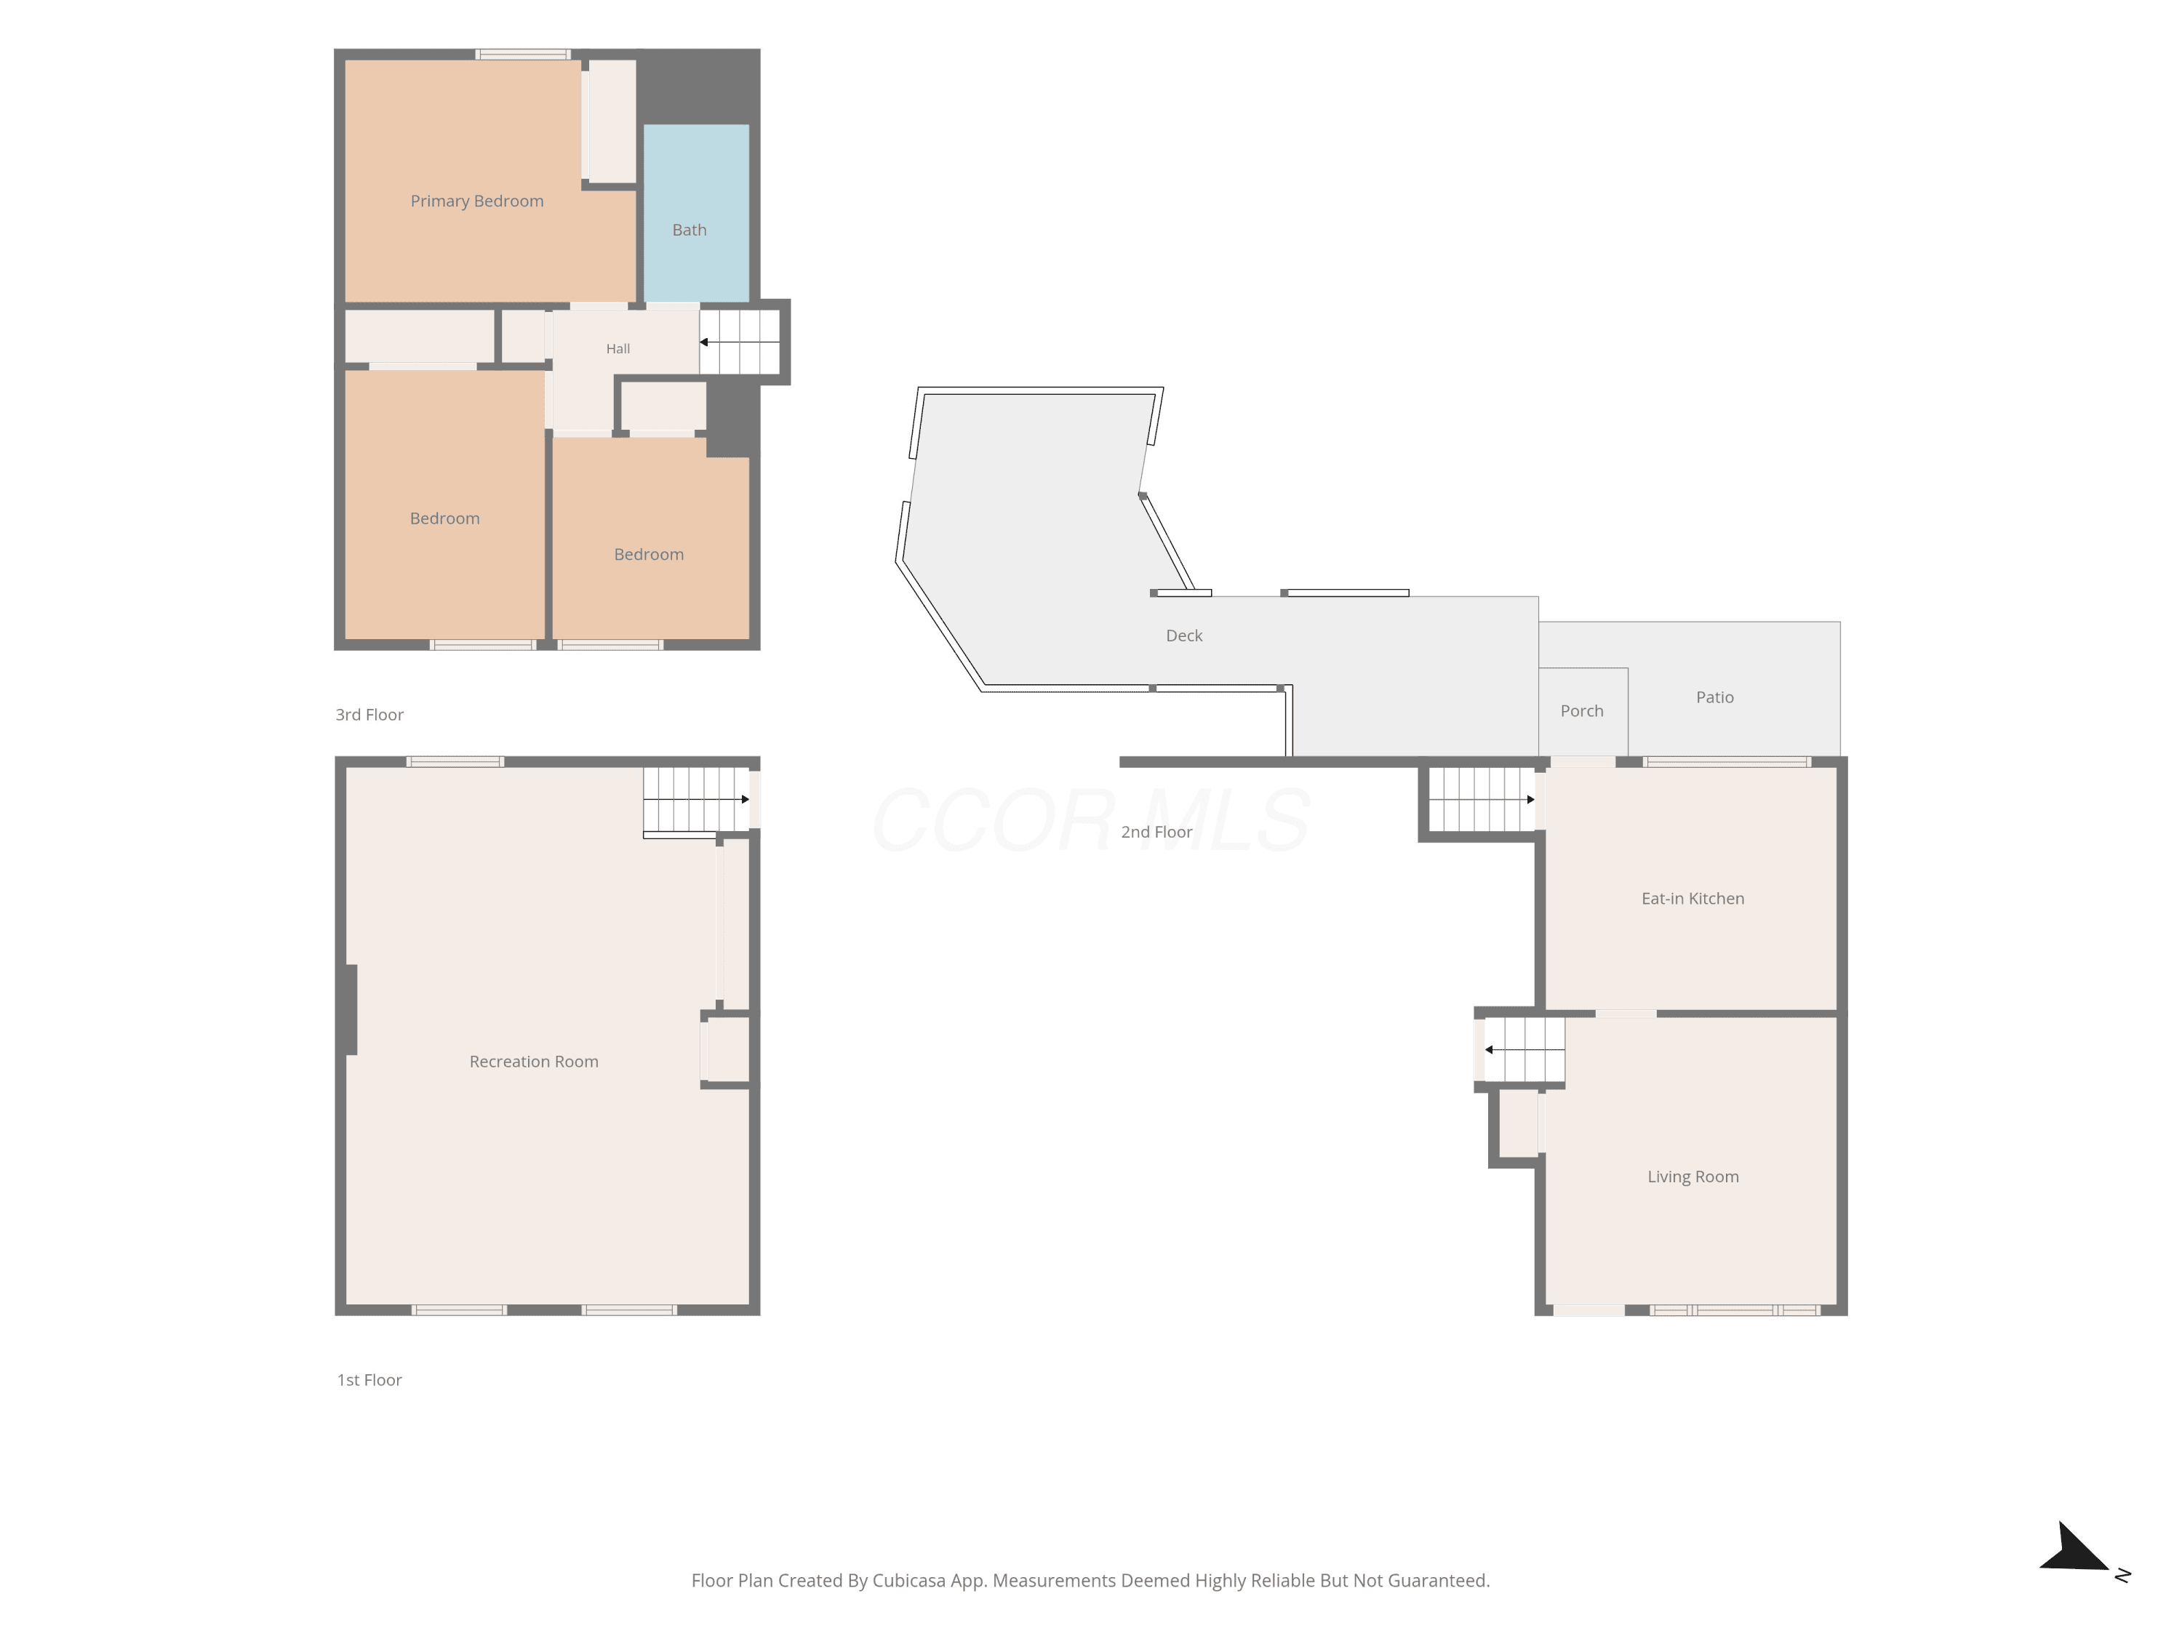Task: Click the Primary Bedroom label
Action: point(476,201)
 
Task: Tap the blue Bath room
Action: point(697,213)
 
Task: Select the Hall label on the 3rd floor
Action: point(618,348)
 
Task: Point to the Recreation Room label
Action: point(534,1062)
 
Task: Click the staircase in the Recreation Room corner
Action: point(697,800)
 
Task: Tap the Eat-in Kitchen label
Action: point(1693,899)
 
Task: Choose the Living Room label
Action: point(1693,1176)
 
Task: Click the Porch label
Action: point(1581,711)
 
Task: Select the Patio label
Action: point(1714,697)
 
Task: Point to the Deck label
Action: point(1183,636)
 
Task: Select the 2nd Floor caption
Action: point(1156,833)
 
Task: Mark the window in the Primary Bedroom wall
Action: point(523,55)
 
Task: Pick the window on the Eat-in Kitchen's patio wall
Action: point(1726,761)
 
